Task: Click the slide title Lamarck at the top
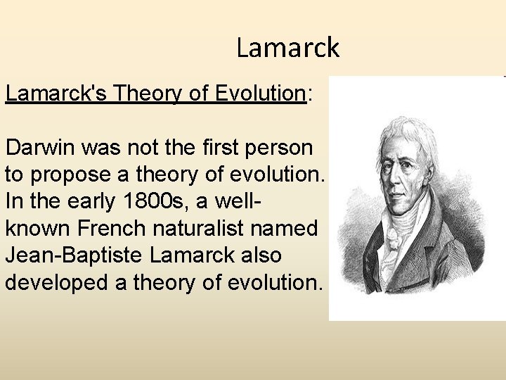coord(287,48)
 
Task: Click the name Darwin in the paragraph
coord(40,148)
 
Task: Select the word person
coord(286,148)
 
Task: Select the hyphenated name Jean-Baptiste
coord(72,255)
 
